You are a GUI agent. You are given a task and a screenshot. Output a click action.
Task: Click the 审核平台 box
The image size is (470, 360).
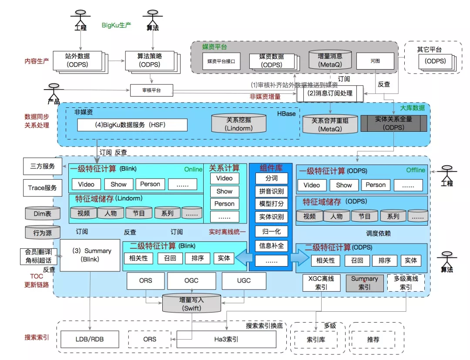[x=151, y=90]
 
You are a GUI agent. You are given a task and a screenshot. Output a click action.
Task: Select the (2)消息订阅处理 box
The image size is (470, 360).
[x=329, y=93]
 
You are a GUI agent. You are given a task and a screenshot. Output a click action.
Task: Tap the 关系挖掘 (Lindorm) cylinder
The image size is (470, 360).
[x=238, y=124]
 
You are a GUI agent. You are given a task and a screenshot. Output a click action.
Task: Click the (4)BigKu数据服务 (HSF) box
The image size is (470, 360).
[x=132, y=125]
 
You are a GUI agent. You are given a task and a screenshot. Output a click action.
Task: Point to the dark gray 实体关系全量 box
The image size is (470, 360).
[x=393, y=123]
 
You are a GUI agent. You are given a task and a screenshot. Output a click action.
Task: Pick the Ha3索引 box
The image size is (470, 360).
[x=226, y=339]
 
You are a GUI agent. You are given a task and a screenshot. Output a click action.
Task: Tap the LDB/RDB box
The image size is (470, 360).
[x=89, y=339]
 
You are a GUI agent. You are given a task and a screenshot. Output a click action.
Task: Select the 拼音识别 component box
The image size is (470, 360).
[x=271, y=191]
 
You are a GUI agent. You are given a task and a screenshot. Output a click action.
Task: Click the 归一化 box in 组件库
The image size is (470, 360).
[x=271, y=231]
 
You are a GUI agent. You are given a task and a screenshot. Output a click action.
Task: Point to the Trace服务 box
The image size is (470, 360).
[x=42, y=188]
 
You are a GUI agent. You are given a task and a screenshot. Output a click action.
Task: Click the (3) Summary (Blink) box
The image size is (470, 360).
[x=90, y=255]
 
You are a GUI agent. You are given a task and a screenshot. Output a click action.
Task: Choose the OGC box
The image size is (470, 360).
[x=191, y=280]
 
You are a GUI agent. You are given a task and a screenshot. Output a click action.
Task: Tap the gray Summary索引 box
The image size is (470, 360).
[x=364, y=283]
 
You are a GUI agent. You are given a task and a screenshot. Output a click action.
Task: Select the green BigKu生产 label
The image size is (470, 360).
[x=116, y=25]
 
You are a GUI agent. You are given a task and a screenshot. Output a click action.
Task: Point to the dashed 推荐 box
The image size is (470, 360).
[x=373, y=339]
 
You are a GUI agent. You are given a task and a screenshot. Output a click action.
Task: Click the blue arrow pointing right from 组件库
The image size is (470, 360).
[x=299, y=258]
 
